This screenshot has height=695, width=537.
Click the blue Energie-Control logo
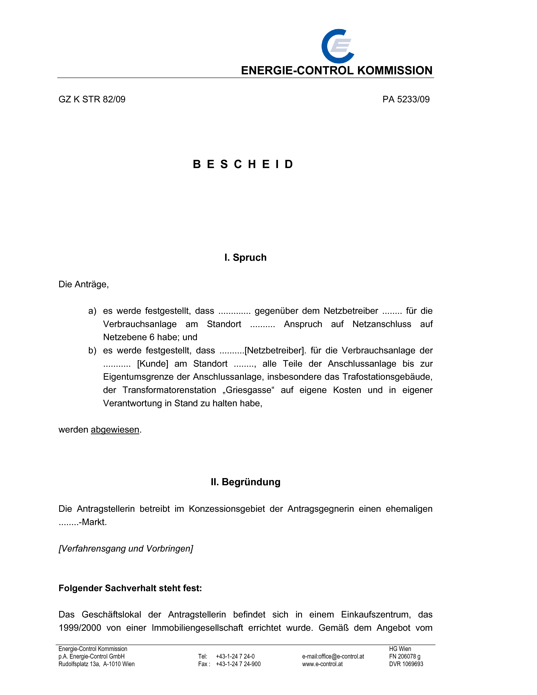click(x=338, y=46)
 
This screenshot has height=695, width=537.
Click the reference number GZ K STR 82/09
click(x=92, y=99)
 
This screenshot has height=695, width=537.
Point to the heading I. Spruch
click(x=245, y=257)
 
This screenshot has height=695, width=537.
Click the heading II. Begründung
click(x=245, y=482)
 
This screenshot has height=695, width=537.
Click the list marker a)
click(x=92, y=311)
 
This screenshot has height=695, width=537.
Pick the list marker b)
click(x=92, y=350)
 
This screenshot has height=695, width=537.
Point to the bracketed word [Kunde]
click(x=152, y=364)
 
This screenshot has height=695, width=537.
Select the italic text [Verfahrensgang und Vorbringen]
click(x=126, y=549)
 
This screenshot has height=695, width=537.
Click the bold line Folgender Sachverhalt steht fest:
click(x=130, y=588)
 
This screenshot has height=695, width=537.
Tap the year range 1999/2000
click(x=80, y=628)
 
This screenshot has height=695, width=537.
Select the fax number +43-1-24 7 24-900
click(x=238, y=664)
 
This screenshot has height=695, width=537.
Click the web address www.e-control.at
click(x=322, y=664)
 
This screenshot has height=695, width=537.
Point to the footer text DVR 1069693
click(x=406, y=664)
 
